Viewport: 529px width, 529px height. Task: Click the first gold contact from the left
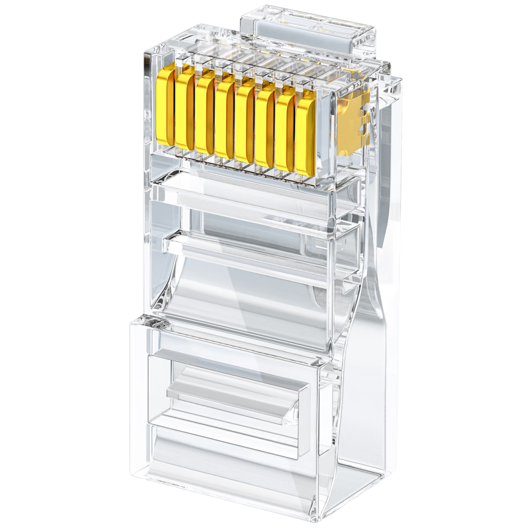(x=165, y=106)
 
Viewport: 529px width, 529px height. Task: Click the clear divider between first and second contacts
(x=175, y=109)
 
